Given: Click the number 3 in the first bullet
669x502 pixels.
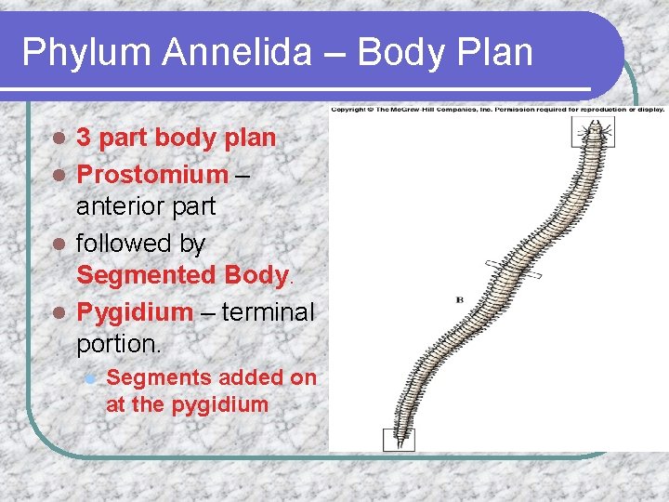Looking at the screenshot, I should click(x=84, y=139).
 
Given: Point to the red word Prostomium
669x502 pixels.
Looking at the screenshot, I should click(x=152, y=174).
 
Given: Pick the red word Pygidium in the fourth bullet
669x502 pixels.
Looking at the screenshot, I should click(x=135, y=310).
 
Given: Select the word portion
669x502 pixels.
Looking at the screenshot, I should click(x=118, y=344).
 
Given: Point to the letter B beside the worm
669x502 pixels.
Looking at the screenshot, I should click(x=460, y=299).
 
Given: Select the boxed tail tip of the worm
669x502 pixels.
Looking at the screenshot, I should click(x=400, y=438).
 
